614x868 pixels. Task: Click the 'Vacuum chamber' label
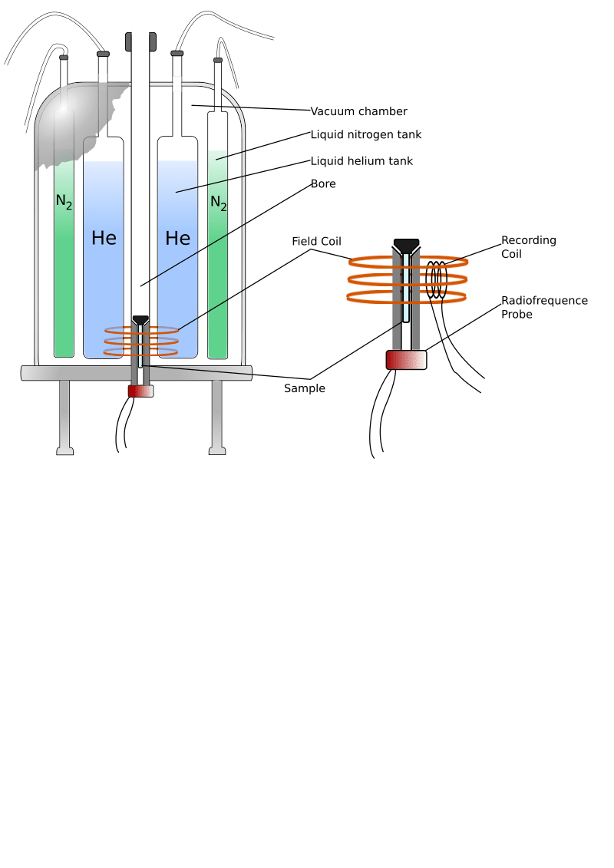(358, 111)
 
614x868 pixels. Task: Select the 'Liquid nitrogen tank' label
(366, 135)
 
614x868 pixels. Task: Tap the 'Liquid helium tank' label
(361, 161)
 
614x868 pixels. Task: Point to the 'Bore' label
(323, 184)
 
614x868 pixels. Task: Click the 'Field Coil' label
(316, 242)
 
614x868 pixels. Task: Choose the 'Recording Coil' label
(528, 246)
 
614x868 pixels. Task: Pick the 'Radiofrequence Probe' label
(544, 307)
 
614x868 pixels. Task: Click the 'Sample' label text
(305, 388)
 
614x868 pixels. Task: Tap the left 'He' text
(104, 238)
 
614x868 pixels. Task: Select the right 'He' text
(177, 238)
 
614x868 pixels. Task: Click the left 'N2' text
(64, 202)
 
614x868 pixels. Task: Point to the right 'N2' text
(218, 203)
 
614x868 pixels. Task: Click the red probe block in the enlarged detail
(406, 359)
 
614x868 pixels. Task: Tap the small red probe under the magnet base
(140, 391)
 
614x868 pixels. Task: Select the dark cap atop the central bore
(140, 40)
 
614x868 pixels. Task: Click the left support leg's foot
(65, 451)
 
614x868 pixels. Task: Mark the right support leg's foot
(217, 451)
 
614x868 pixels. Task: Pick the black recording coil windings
(437, 281)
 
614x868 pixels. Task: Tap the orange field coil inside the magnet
(141, 342)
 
